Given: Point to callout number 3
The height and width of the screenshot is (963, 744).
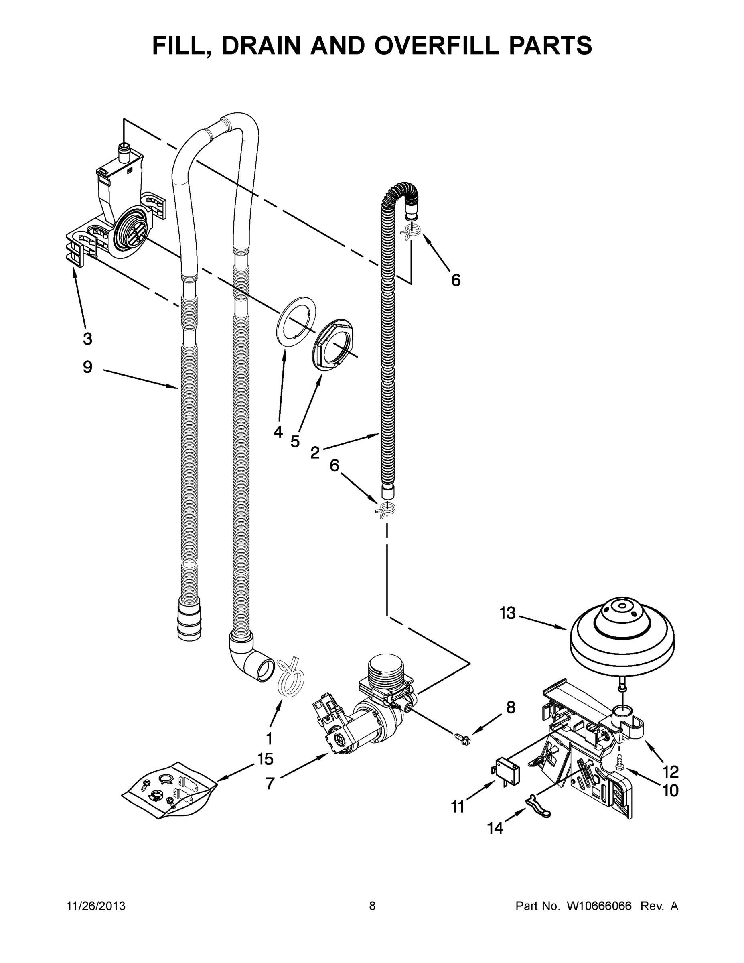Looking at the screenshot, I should click(x=87, y=339).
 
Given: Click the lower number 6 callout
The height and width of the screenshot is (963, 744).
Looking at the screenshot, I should click(x=334, y=465).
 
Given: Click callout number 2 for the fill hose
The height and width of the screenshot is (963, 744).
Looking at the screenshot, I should click(x=315, y=452).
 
